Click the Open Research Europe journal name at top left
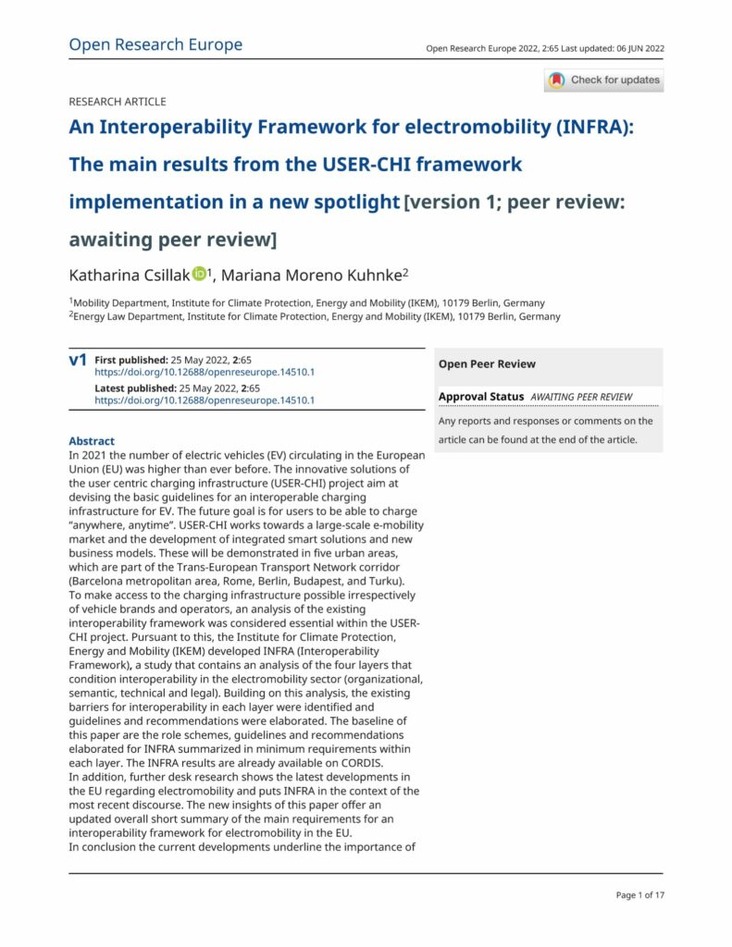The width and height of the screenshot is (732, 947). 155,44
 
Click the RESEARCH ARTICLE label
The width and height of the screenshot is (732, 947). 118,102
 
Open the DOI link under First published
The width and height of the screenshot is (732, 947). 205,372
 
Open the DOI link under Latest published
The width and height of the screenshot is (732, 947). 205,400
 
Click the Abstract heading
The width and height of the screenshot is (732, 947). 92,441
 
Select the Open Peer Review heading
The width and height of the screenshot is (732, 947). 487,364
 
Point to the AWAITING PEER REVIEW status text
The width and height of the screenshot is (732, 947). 581,397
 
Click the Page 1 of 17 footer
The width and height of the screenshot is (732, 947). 639,894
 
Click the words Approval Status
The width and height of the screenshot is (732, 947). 481,397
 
